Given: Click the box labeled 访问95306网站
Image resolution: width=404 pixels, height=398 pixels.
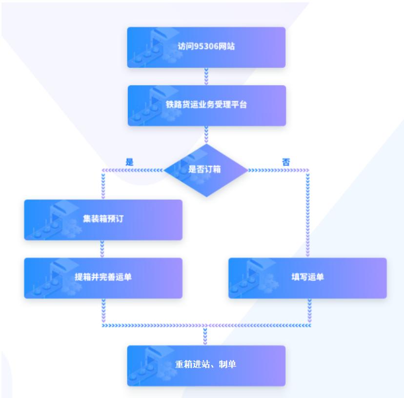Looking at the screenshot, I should [x=206, y=47].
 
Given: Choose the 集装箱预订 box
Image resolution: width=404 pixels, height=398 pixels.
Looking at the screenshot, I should [x=103, y=219].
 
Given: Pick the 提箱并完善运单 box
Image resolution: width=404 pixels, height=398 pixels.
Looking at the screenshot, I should [x=103, y=278].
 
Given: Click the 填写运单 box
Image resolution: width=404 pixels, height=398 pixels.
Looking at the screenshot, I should [x=307, y=278].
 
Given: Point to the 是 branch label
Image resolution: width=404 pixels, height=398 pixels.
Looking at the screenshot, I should [x=129, y=162].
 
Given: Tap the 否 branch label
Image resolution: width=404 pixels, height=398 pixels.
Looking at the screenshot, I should [x=286, y=162].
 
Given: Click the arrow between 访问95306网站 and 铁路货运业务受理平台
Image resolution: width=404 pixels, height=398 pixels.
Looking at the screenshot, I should [x=206, y=76].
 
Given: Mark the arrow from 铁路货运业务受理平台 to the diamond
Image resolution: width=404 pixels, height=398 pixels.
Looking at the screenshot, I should [x=206, y=134].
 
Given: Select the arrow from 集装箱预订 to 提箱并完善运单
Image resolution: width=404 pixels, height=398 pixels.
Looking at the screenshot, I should [x=102, y=249].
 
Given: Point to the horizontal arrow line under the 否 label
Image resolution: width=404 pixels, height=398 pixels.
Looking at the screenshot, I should [x=278, y=170].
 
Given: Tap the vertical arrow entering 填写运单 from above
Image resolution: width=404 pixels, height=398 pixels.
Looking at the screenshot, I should [x=308, y=215].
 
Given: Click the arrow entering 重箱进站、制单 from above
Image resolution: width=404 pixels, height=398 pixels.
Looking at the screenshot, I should [x=205, y=336].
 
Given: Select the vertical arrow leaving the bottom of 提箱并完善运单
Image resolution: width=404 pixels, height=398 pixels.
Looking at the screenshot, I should [x=103, y=311].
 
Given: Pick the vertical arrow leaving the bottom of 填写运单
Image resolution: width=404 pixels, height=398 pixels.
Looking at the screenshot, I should [x=309, y=311].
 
